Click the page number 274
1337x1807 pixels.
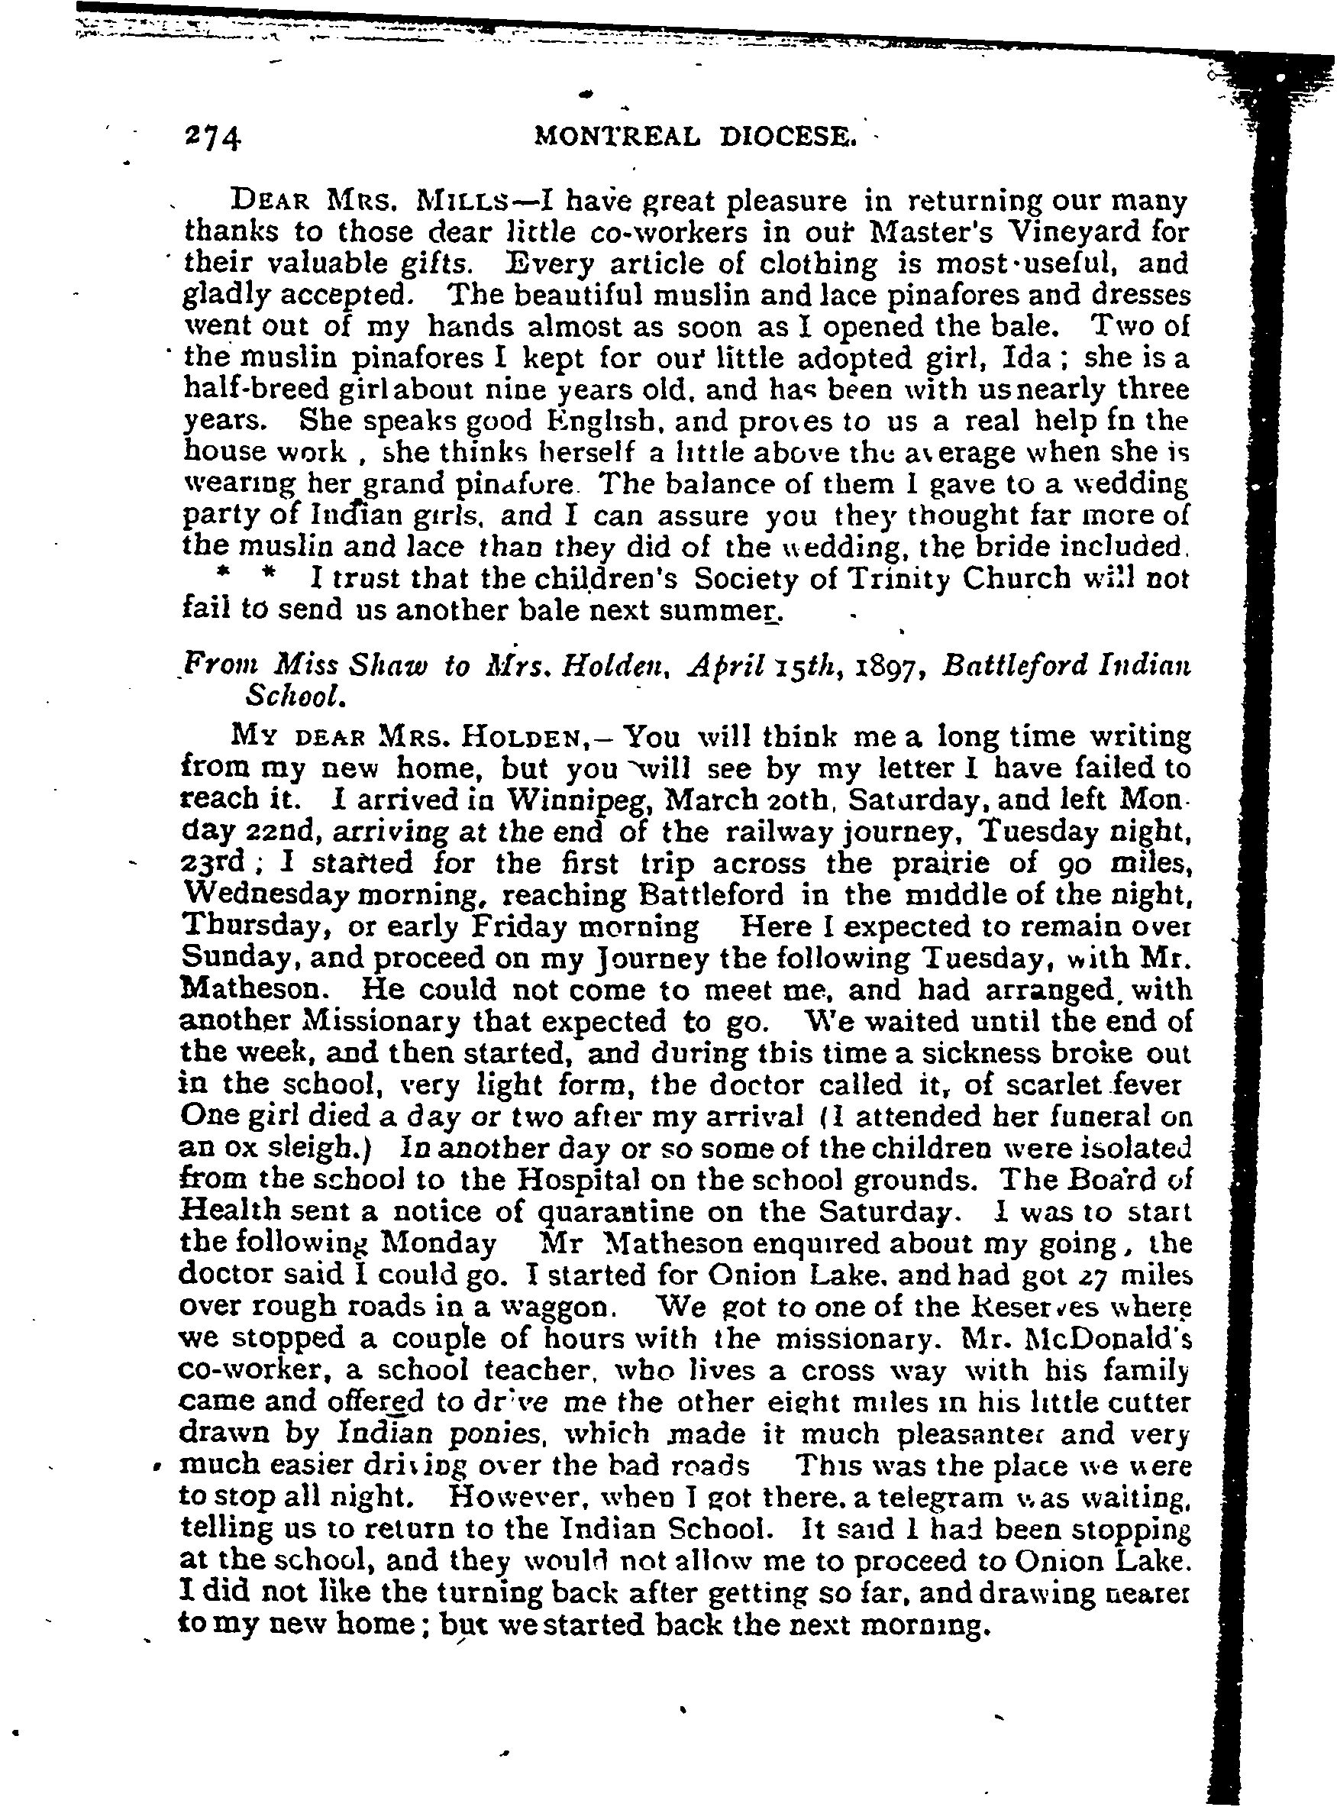click(x=213, y=138)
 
